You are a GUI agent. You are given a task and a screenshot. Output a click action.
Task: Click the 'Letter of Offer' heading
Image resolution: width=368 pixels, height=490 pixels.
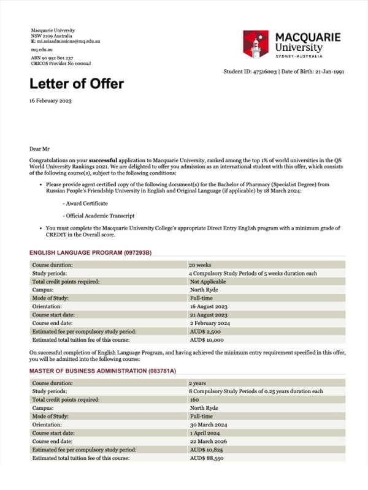coord(77,84)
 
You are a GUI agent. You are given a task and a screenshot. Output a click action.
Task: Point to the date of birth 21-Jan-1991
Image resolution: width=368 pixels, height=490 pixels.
coord(329,71)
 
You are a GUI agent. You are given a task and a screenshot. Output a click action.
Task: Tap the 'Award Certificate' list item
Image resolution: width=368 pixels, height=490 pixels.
coord(85,203)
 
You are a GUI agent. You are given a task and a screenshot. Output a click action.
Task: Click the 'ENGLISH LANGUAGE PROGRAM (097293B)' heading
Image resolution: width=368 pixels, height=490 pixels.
coord(90,253)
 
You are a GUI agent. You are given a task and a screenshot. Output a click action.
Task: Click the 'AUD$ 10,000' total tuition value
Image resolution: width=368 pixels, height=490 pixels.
coord(207,339)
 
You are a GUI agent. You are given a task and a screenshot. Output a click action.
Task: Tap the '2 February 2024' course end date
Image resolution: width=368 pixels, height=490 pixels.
coord(210,323)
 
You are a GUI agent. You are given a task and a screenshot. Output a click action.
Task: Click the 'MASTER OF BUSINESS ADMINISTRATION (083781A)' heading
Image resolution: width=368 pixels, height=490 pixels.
coord(103,371)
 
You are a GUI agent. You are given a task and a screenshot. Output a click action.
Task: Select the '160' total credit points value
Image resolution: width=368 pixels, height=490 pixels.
coord(195,399)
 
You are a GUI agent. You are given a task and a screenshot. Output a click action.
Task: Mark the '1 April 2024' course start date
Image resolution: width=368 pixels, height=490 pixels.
coord(204,432)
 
